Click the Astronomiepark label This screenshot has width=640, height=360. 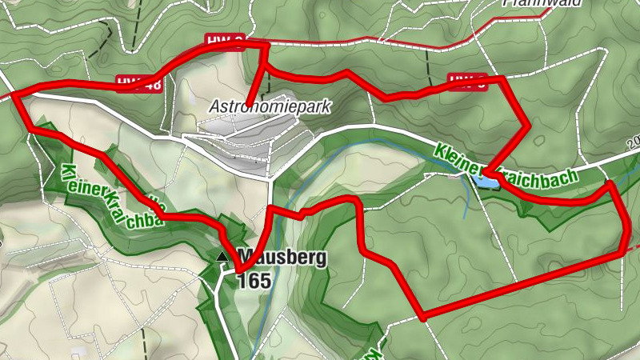[270, 106]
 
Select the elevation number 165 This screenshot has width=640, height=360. [254, 281]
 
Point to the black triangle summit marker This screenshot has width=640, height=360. [222, 257]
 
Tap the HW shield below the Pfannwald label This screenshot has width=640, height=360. [467, 79]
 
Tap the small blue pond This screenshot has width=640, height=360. [486, 181]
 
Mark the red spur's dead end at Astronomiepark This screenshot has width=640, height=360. [249, 104]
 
